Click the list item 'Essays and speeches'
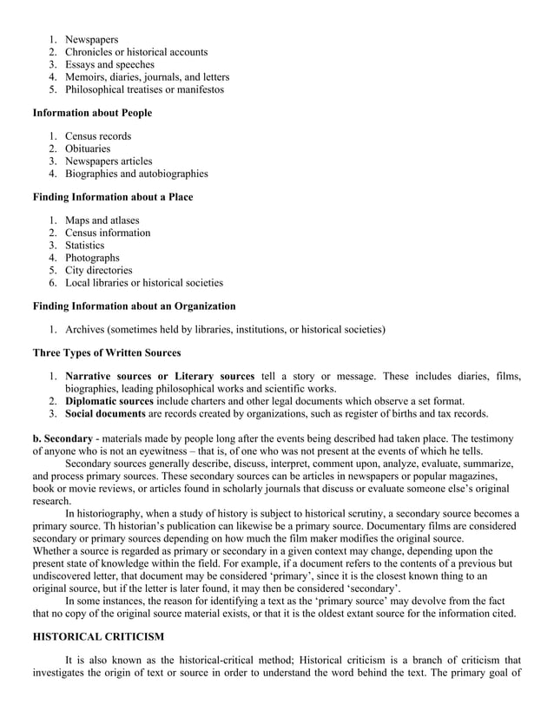[x=109, y=64]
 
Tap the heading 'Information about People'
[x=92, y=113]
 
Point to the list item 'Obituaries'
[x=90, y=148]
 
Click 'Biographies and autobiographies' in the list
[x=136, y=174]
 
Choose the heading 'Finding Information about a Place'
[x=113, y=197]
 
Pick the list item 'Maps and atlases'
[x=102, y=220]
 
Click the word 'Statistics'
[x=84, y=246]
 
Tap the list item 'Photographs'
[x=92, y=258]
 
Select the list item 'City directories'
[x=98, y=270]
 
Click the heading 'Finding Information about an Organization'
[x=134, y=306]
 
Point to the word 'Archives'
[x=85, y=329]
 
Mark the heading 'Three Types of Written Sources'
[x=107, y=352]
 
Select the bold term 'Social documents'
[x=104, y=413]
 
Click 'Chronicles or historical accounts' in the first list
[x=136, y=52]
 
